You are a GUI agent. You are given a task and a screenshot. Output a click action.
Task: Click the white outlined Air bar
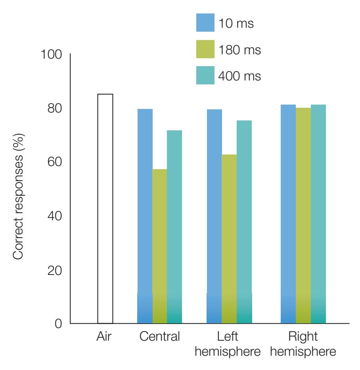tap(105, 209)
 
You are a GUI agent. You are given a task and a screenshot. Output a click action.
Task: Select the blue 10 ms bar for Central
tap(145, 216)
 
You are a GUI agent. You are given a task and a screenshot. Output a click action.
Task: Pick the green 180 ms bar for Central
tap(159, 246)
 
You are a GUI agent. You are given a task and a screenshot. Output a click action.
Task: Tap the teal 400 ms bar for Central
tap(174, 227)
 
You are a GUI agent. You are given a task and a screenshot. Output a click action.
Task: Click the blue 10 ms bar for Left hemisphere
tap(214, 216)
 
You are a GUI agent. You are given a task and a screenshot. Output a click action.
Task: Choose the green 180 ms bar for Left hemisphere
tap(229, 239)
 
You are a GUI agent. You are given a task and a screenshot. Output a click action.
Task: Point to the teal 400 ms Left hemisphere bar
tap(244, 222)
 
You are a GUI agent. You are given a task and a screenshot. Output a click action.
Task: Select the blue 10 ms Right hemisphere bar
tap(288, 214)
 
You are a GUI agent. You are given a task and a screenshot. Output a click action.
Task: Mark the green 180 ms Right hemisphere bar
tap(303, 216)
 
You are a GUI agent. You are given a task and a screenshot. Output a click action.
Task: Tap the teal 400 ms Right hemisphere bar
tap(318, 214)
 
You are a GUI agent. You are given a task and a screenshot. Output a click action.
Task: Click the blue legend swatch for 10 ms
tap(205, 23)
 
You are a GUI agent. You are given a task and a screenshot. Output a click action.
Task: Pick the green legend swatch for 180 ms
tap(205, 49)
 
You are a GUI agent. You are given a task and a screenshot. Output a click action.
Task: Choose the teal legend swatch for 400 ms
tap(205, 75)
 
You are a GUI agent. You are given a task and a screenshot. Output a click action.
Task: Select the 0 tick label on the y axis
tap(59, 324)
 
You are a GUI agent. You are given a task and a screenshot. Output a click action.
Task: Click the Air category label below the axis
tap(105, 338)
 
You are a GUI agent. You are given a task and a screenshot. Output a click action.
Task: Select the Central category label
tap(159, 338)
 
